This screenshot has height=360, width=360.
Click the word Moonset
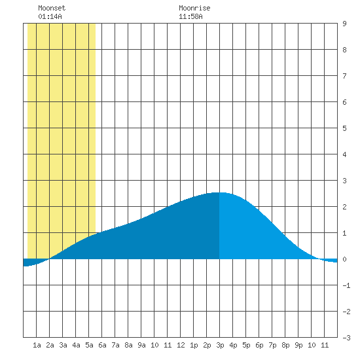point(52,8)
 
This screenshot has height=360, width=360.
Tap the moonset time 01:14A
point(50,16)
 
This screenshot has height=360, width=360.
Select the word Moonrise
point(194,8)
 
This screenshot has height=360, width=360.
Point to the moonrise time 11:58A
point(190,16)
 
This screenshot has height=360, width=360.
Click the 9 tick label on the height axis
point(344,24)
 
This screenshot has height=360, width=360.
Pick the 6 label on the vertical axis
point(344,102)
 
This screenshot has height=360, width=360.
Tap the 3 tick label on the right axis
point(344,181)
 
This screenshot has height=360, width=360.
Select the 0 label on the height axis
point(344,259)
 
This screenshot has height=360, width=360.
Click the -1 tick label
point(346,285)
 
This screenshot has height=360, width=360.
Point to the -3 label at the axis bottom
point(346,338)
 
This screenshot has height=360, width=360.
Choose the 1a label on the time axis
point(37,345)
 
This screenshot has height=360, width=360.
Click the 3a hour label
point(63,345)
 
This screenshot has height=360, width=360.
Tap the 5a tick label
point(89,345)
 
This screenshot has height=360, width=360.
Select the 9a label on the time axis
point(141,345)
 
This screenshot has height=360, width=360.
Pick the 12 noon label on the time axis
point(181,345)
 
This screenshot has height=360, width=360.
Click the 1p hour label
point(194,345)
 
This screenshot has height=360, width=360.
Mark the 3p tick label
point(220,345)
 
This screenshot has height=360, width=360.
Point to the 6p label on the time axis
point(259,345)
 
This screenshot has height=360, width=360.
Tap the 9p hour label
point(298,345)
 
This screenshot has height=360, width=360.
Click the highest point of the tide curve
point(219,192)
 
